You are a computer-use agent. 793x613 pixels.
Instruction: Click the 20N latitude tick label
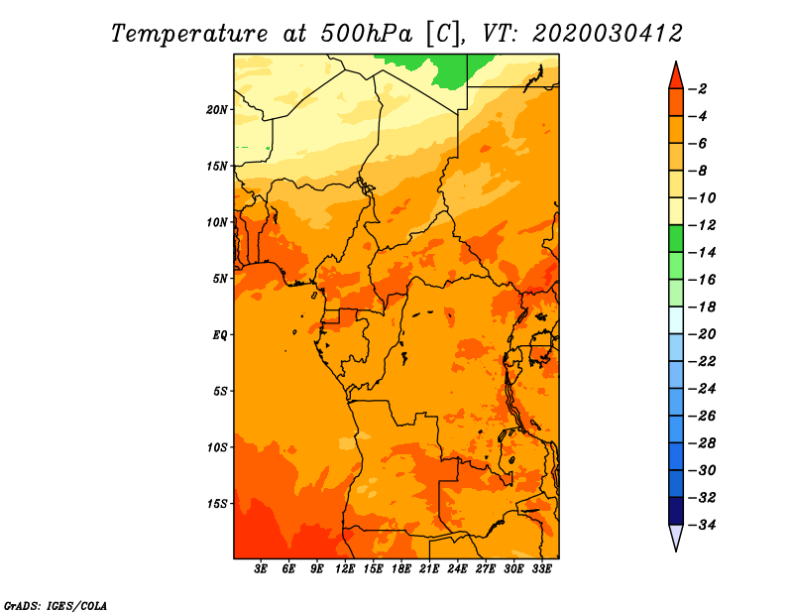216,110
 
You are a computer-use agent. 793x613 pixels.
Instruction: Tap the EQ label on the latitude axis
220,335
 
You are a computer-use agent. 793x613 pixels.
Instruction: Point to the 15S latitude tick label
217,504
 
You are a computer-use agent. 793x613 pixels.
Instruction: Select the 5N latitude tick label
220,279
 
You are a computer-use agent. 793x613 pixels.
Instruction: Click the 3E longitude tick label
261,568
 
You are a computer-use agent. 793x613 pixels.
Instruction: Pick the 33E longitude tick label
541,568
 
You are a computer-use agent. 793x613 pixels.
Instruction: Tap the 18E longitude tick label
401,568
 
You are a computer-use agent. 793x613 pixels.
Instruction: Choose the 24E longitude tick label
457,568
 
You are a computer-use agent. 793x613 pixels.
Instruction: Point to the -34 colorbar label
702,525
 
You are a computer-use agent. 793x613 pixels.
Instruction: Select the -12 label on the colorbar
702,225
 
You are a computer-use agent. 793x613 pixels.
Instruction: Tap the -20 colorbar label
702,334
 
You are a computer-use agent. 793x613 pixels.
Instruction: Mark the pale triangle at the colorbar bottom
676,536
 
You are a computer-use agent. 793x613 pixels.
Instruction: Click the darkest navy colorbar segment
676,511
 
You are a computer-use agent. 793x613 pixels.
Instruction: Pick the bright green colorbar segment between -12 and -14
676,239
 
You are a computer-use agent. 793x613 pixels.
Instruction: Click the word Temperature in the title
189,34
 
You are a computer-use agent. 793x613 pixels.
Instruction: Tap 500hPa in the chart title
366,34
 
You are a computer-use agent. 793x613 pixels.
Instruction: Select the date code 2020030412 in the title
608,34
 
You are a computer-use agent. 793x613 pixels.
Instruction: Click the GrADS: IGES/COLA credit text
56,605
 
